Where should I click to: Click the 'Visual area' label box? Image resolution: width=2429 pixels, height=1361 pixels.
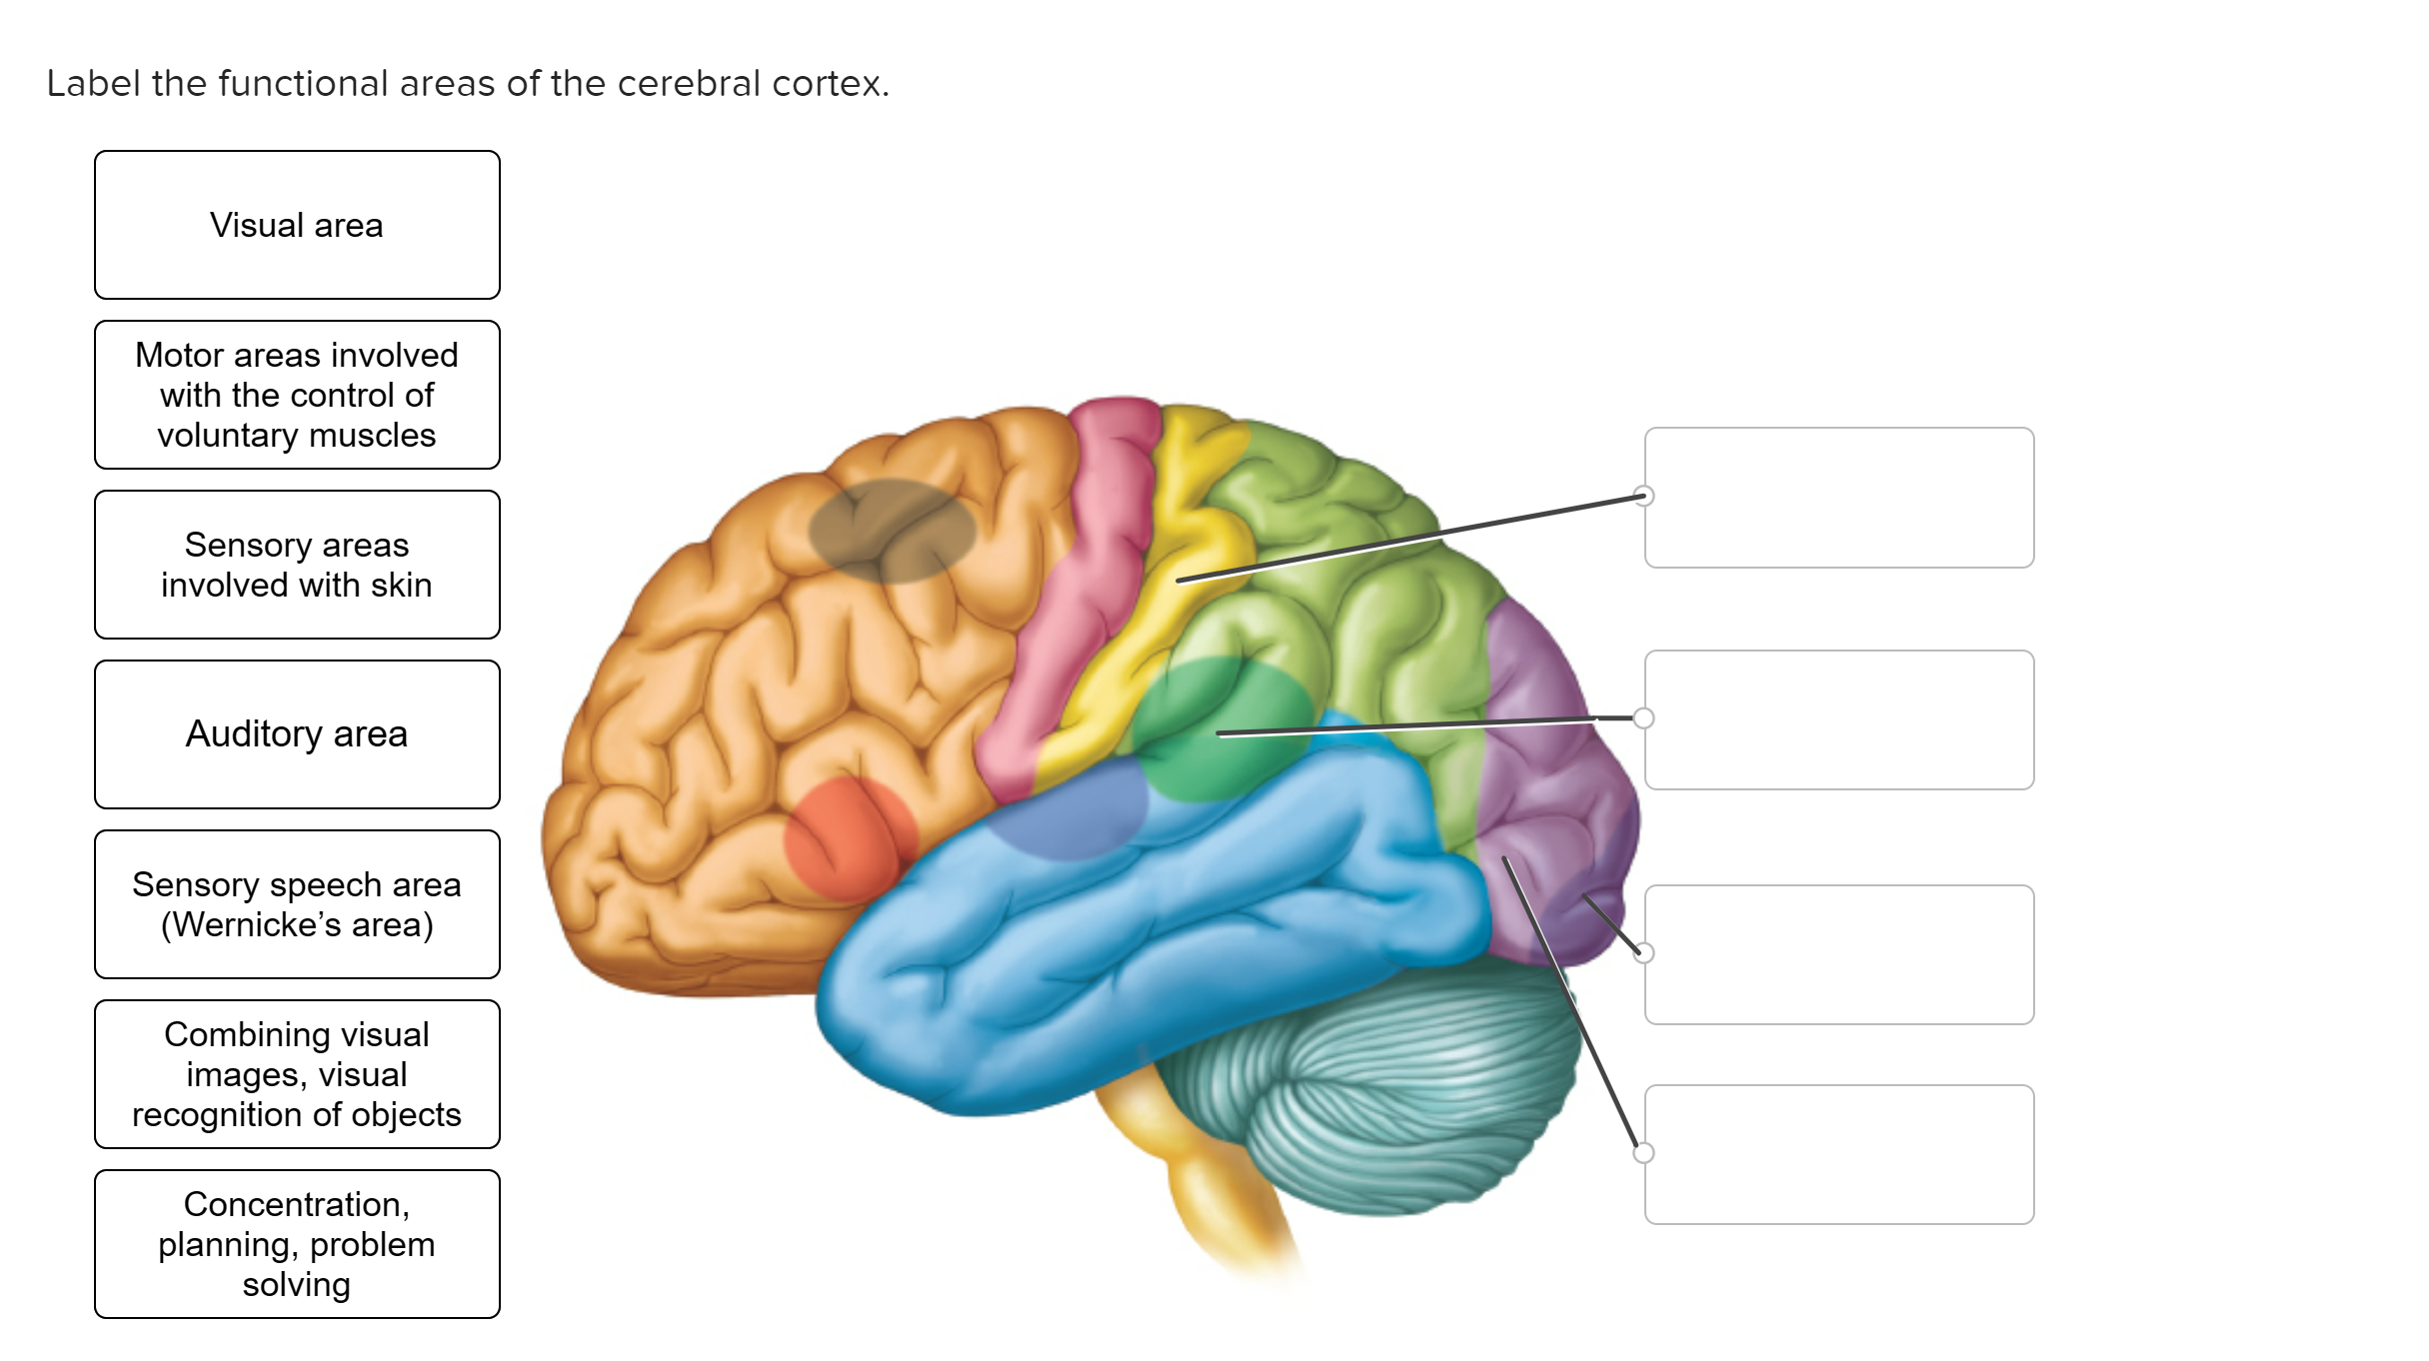point(297,225)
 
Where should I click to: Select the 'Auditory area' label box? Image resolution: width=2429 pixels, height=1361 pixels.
point(297,734)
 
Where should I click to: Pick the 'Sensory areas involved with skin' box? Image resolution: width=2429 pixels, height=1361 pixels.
point(297,565)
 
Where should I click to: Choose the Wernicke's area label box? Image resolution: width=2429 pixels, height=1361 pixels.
point(297,904)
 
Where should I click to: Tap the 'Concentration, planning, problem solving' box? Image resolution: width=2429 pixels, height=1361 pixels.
point(297,1244)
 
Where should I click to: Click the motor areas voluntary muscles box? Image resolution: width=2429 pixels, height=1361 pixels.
point(297,395)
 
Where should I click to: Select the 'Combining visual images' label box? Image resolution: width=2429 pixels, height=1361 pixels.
point(297,1074)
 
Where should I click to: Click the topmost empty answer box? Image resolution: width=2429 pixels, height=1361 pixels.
point(1839,498)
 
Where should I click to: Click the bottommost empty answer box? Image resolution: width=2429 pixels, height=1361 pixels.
point(1839,1154)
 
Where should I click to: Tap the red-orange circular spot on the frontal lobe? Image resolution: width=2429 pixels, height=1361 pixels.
point(850,839)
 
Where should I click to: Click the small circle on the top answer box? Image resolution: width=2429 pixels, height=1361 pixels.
point(1643,496)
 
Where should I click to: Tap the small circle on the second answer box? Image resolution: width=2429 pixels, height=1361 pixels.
point(1643,717)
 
